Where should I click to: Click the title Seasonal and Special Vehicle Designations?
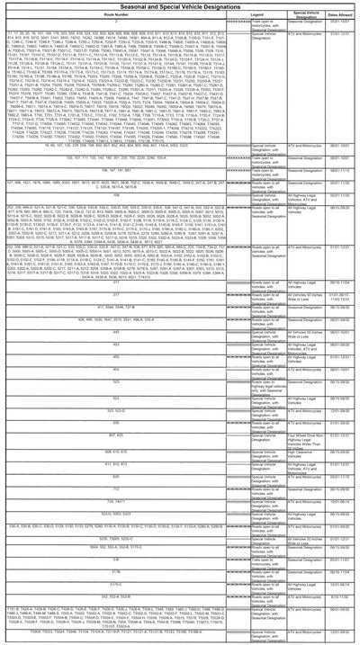pos(180,7)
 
